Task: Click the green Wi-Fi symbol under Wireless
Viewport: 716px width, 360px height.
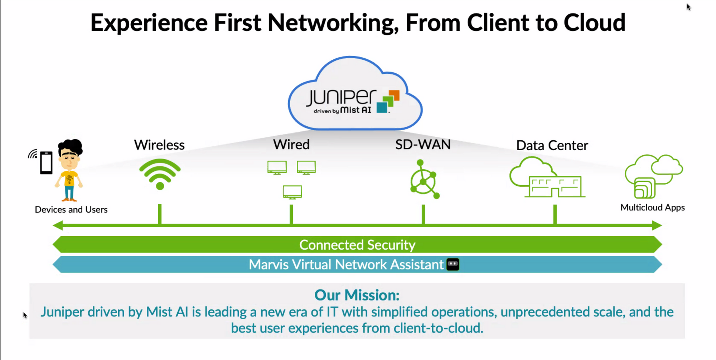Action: [x=160, y=174]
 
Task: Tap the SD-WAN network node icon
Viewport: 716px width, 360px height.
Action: [x=424, y=180]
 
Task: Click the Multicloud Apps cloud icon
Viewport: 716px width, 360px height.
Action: [x=654, y=175]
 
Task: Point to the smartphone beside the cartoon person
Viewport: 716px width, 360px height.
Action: [x=46, y=163]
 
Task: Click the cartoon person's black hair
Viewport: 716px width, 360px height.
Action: [x=71, y=146]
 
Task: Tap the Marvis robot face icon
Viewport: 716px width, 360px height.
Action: [x=453, y=264]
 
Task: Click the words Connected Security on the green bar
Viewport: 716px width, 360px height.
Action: [x=357, y=245]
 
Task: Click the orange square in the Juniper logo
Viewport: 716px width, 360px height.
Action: [x=394, y=96]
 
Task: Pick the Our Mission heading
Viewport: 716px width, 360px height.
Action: [x=357, y=295]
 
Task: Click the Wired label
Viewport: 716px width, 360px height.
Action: [x=291, y=145]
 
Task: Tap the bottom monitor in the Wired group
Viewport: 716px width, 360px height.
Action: [x=292, y=192]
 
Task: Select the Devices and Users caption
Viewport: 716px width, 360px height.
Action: [x=71, y=209]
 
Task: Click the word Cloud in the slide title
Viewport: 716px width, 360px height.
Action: [x=594, y=23]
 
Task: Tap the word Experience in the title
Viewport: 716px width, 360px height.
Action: [x=149, y=23]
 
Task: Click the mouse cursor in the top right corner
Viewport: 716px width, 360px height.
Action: [x=688, y=7]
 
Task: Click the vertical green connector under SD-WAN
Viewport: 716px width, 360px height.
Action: [x=424, y=214]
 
